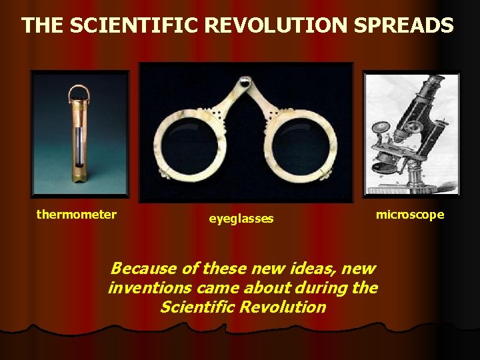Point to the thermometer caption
tap(76, 214)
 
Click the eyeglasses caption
tap(241, 218)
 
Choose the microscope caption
tap(409, 214)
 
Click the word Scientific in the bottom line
tap(194, 307)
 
